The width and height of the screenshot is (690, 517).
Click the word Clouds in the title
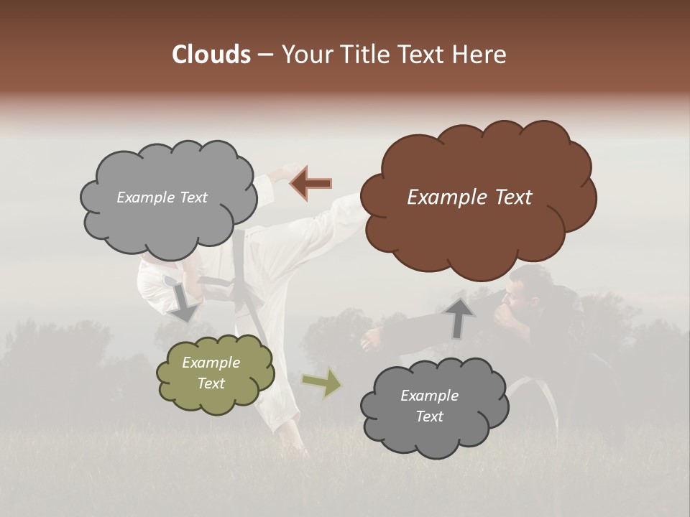(x=211, y=55)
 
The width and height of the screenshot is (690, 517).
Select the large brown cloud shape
(x=477, y=197)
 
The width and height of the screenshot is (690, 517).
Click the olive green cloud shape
(x=215, y=373)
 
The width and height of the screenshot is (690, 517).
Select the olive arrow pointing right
(x=322, y=383)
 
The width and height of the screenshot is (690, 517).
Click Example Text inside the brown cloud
(x=469, y=197)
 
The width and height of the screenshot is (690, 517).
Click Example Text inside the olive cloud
(x=211, y=373)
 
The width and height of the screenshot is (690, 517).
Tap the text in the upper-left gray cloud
(x=162, y=197)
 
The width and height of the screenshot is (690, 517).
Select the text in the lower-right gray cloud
(x=429, y=406)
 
